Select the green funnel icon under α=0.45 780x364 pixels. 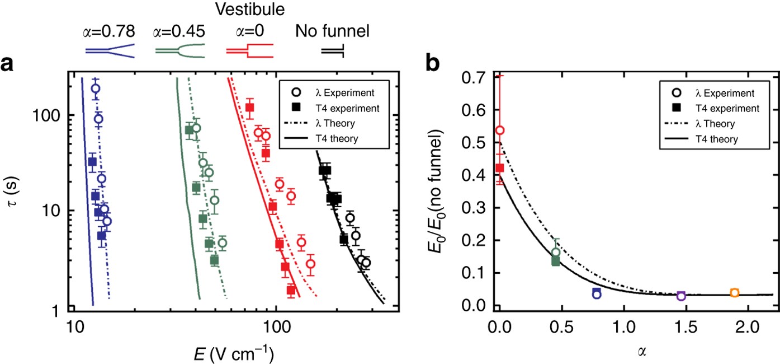(x=179, y=50)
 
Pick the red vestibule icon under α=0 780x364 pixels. (x=249, y=50)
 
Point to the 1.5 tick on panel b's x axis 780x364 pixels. (x=680, y=324)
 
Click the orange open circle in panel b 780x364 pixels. (x=734, y=293)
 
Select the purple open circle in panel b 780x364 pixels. (x=680, y=296)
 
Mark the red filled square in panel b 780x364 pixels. (x=500, y=167)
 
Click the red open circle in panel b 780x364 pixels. (x=500, y=130)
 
